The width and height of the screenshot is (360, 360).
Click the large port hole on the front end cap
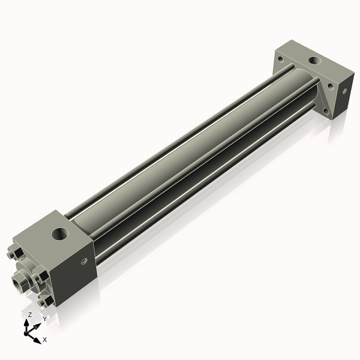click(61, 232)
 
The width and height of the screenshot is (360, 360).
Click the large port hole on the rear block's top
click(312, 61)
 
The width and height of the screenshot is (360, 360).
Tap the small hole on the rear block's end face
click(344, 91)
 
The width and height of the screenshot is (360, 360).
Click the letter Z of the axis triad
click(30, 314)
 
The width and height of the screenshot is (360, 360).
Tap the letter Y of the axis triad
click(44, 319)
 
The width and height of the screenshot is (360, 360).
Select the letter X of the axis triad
click(45, 340)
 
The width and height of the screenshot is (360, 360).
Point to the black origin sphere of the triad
click(28, 331)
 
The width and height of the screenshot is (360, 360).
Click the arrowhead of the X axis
click(38, 338)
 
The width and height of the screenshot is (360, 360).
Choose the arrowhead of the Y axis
click(37, 325)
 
